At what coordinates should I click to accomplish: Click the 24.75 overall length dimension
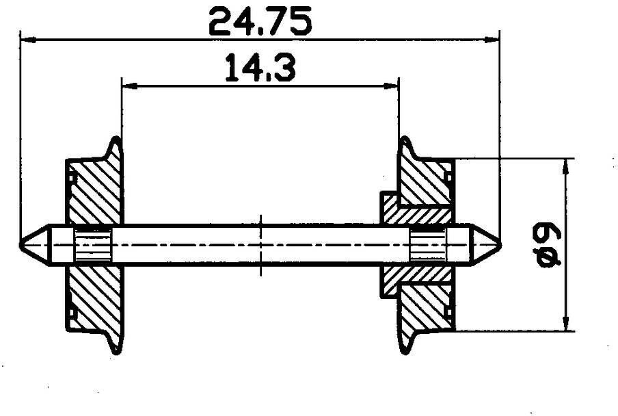coord(260,22)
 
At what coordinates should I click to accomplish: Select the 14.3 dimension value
coord(260,69)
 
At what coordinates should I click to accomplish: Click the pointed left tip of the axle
coord(24,244)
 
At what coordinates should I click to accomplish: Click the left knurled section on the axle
coord(93,244)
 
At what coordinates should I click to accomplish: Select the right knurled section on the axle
coord(428,244)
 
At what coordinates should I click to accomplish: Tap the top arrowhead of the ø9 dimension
coord(565,164)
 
